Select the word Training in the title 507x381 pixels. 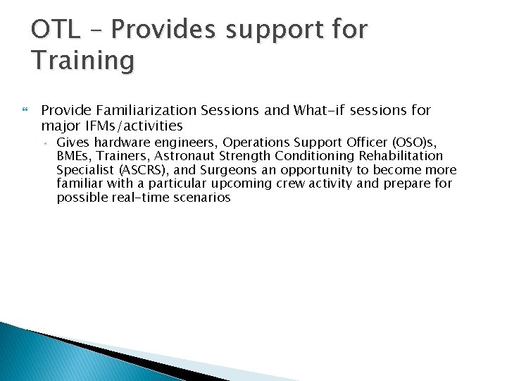click(82, 61)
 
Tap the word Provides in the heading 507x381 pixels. click(164, 30)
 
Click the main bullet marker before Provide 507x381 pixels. click(25, 111)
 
